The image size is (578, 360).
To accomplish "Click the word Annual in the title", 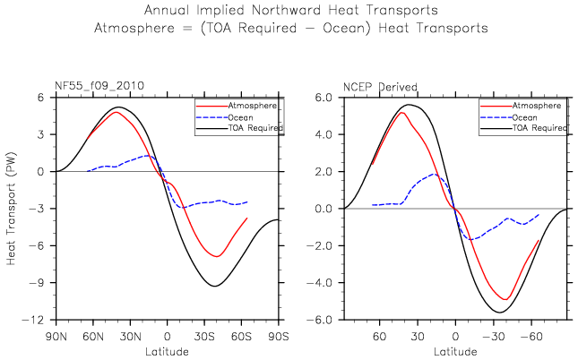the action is pyautogui.click(x=168, y=10).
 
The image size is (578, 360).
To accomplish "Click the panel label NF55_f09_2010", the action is pyautogui.click(x=99, y=86).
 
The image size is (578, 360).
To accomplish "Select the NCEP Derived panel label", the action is pyautogui.click(x=380, y=87).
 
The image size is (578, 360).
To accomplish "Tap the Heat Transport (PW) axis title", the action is pyautogui.click(x=12, y=208).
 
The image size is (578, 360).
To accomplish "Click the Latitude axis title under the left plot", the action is pyautogui.click(x=167, y=352).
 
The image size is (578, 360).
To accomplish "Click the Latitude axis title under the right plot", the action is pyautogui.click(x=455, y=352).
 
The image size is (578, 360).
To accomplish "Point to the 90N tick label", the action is pyautogui.click(x=56, y=337).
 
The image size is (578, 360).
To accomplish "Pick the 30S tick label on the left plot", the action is pyautogui.click(x=204, y=337).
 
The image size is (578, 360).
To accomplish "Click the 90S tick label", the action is pyautogui.click(x=279, y=337).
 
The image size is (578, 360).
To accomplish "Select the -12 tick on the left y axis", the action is pyautogui.click(x=33, y=320).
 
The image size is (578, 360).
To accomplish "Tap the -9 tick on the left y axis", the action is pyautogui.click(x=38, y=283).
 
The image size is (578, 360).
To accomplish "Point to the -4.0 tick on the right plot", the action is pyautogui.click(x=320, y=283).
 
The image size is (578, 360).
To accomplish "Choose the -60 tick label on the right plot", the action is pyautogui.click(x=531, y=337).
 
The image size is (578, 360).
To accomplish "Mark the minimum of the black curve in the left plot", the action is pyautogui.click(x=215, y=286).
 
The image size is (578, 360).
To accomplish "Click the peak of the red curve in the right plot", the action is pyautogui.click(x=401, y=112).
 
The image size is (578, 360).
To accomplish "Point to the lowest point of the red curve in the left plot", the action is pyautogui.click(x=217, y=256).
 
